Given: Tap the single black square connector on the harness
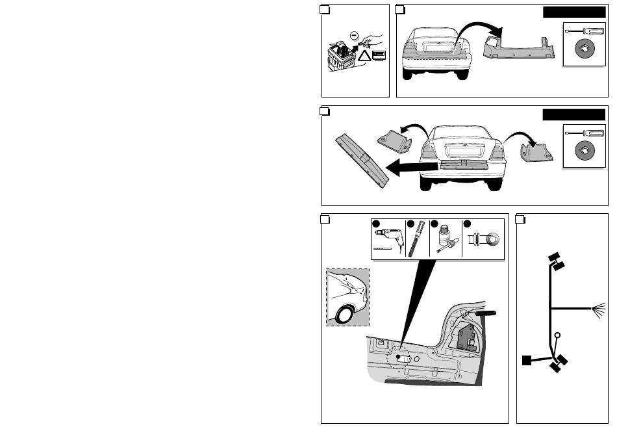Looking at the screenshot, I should pos(528,359).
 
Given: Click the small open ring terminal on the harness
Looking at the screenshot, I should pos(558,336).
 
